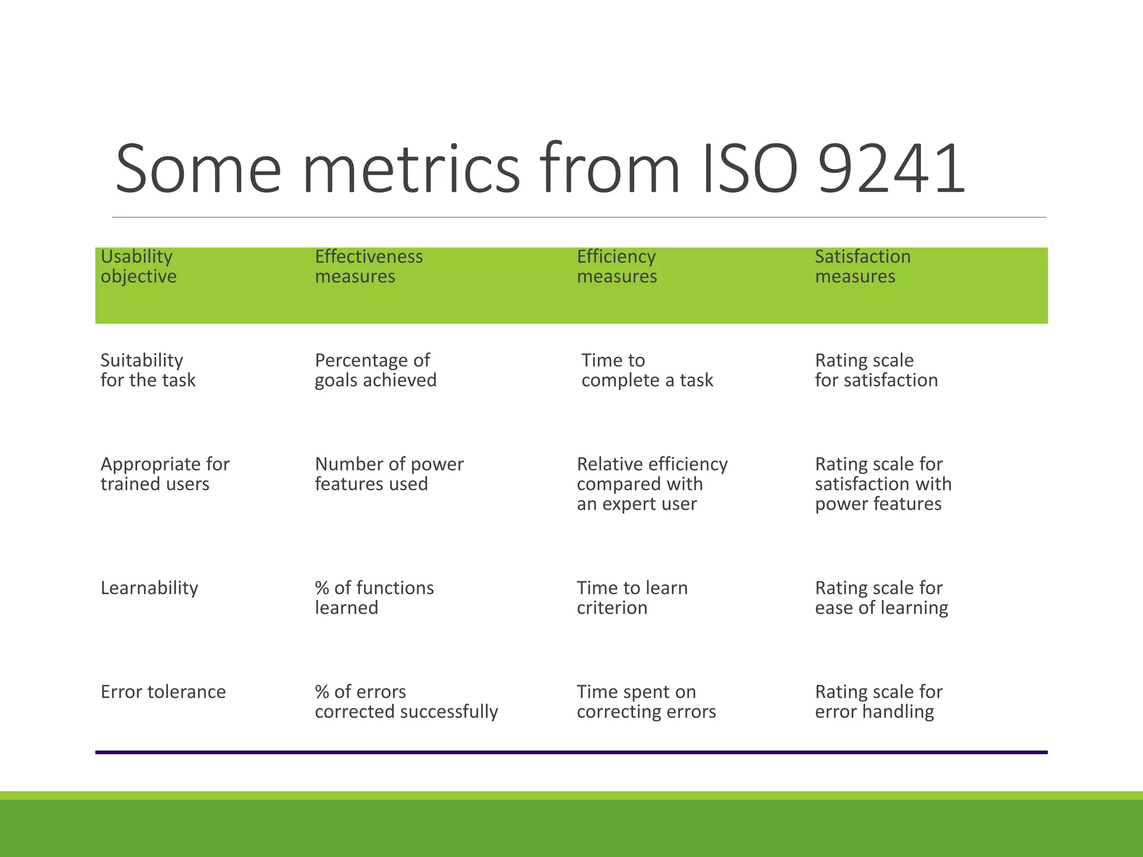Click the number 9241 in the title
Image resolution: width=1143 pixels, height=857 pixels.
(x=891, y=168)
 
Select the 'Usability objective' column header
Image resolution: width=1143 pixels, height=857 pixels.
(x=138, y=267)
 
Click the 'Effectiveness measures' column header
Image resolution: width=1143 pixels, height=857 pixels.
(x=368, y=267)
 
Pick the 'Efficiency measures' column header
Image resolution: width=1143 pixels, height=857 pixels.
(x=617, y=267)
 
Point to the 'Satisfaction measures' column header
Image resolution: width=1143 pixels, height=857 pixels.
(x=862, y=267)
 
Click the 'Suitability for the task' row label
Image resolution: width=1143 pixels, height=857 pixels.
(x=148, y=370)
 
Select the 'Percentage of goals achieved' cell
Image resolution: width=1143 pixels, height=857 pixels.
(x=375, y=370)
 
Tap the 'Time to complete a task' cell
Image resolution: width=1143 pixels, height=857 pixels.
(x=647, y=370)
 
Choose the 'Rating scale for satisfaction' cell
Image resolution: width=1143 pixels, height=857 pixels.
(x=876, y=370)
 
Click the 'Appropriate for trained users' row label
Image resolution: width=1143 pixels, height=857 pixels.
(x=165, y=474)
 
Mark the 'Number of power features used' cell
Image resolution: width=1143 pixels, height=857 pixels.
(x=389, y=474)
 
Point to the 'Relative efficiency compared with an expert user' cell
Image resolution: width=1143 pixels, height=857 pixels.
(x=652, y=484)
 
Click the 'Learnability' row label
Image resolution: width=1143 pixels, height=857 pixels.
(x=149, y=588)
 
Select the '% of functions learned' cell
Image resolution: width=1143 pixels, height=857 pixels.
(x=374, y=598)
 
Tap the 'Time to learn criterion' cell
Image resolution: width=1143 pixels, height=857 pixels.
(x=632, y=598)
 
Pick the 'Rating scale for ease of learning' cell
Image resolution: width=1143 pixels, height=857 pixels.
(x=881, y=598)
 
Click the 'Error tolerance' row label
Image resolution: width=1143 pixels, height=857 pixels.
(x=163, y=692)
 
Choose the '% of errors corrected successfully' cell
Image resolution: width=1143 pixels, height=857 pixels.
(x=406, y=701)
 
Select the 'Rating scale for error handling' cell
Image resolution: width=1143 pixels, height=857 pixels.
(x=878, y=701)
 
